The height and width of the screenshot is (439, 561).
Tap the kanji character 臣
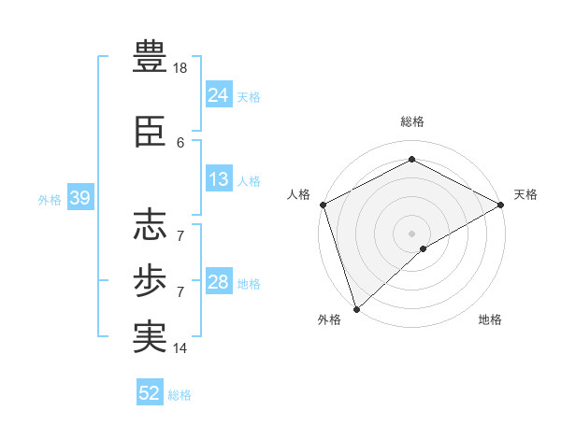(150, 133)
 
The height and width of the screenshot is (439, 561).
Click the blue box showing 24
(218, 94)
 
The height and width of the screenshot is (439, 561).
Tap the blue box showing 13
(218, 179)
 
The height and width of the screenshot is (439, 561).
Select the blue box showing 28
(218, 282)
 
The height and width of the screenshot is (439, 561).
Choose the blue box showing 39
(79, 198)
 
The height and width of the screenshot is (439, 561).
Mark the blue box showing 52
(150, 393)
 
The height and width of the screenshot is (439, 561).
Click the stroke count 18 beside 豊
(181, 68)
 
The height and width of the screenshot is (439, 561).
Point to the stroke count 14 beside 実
(181, 348)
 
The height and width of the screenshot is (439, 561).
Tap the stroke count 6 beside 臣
(180, 142)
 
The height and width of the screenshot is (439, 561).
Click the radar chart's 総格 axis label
(412, 121)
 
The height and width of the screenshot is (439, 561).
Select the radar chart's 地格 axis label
(490, 319)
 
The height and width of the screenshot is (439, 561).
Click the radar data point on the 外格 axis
(356, 309)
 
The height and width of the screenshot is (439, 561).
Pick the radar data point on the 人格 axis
(323, 205)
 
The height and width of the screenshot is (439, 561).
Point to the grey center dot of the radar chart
(412, 233)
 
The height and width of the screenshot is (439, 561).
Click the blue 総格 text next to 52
(180, 395)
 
